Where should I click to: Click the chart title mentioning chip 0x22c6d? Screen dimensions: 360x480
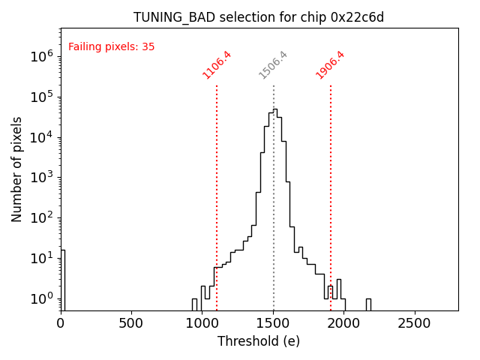(x=259, y=17)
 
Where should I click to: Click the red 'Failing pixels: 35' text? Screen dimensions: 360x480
(x=111, y=46)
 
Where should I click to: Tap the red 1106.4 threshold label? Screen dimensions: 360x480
(x=217, y=64)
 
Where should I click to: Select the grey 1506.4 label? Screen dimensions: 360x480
(x=274, y=64)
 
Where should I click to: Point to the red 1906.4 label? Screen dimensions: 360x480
(x=331, y=64)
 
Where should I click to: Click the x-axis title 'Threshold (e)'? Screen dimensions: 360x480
(x=259, y=341)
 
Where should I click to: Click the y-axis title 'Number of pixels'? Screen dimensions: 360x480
(x=17, y=169)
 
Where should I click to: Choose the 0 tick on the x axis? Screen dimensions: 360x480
(x=61, y=323)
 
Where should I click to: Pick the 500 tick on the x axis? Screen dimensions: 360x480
(x=131, y=323)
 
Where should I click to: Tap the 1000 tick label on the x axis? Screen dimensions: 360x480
(x=202, y=323)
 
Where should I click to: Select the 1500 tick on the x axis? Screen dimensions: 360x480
(x=273, y=323)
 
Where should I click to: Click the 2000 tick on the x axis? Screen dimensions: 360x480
(x=344, y=323)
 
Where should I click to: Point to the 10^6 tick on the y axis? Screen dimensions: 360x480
(x=41, y=56)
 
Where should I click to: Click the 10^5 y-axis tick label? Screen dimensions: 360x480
(x=41, y=97)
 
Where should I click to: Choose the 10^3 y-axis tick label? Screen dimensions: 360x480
(x=41, y=178)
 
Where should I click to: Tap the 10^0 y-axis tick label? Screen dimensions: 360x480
(x=41, y=299)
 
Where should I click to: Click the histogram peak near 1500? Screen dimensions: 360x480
(x=274, y=110)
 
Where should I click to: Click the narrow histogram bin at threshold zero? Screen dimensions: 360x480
(x=62, y=277)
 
